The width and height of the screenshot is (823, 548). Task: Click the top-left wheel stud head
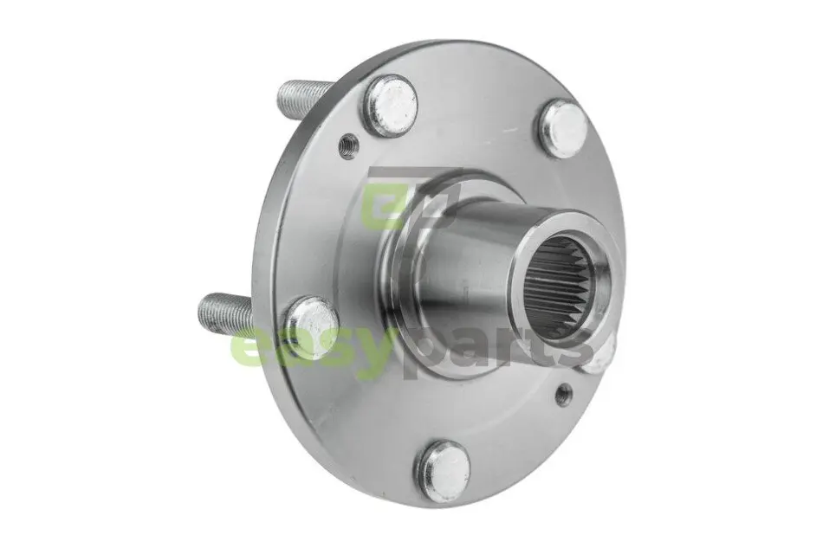coord(388,106)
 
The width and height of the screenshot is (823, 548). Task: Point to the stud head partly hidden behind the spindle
coord(599,357)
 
